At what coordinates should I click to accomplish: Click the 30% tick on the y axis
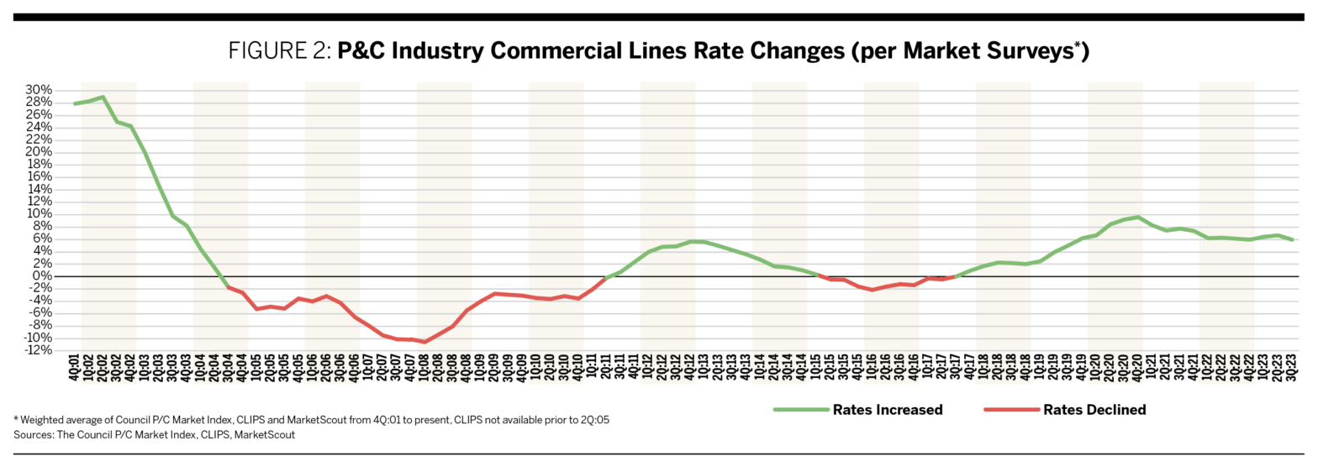coord(39,90)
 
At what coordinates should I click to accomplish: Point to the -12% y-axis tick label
coord(38,350)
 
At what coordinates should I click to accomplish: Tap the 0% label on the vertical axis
coord(45,275)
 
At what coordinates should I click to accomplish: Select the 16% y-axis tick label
coord(39,177)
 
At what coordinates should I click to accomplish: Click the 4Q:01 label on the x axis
coord(75,367)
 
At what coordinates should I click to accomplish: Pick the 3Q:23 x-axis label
coord(1291,367)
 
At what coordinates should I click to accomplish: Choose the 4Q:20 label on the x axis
coord(1137,367)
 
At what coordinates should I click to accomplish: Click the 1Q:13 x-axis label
coord(704,367)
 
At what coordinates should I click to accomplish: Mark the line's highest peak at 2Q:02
coord(103,97)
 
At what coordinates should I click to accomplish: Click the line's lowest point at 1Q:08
coord(424,342)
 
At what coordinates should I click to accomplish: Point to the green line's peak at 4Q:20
coord(1137,217)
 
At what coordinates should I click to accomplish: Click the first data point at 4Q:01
coord(75,103)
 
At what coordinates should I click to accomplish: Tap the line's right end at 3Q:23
coord(1291,240)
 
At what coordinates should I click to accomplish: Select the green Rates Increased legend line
coord(800,410)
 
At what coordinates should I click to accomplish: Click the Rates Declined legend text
coord(1094,410)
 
